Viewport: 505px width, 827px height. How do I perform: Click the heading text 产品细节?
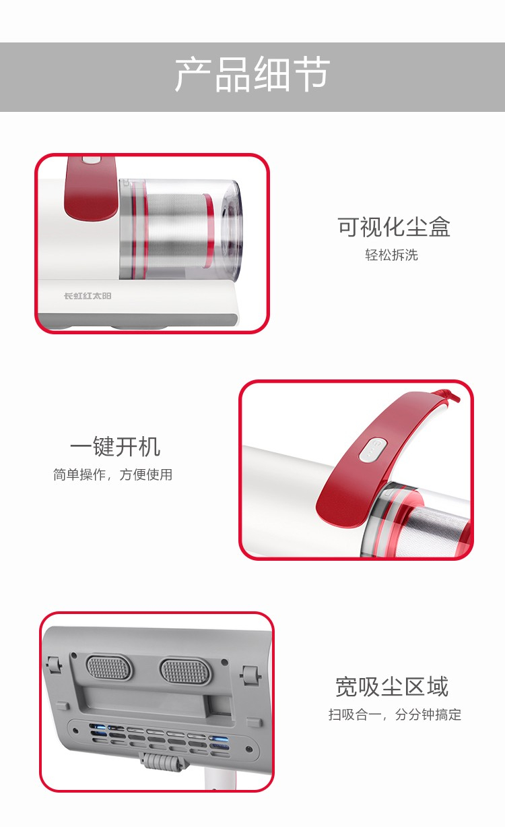point(252,74)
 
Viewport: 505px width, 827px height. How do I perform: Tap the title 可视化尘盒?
point(394,226)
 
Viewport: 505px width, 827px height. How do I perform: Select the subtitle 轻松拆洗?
point(391,255)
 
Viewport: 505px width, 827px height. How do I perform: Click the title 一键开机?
point(115,446)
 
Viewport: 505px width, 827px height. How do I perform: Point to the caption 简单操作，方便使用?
point(113,474)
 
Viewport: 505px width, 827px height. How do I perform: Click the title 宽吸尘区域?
point(392,687)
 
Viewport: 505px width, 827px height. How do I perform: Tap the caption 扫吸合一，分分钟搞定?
point(395,714)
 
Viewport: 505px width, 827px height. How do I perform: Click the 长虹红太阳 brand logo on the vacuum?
point(88,296)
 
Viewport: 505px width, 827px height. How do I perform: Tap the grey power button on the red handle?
point(372,450)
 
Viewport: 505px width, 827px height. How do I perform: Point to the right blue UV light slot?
point(218,739)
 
